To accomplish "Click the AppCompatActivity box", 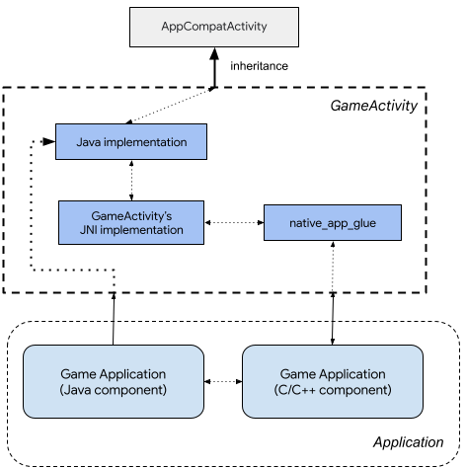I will click(213, 27).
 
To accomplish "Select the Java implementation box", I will click(131, 142).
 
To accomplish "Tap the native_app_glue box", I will click(333, 223).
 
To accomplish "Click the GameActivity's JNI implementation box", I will click(131, 222).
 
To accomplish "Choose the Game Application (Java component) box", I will click(114, 382).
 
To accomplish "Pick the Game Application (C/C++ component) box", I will click(333, 382).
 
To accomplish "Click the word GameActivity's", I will click(131, 215).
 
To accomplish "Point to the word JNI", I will click(89, 230).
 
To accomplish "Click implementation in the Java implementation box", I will click(146, 142).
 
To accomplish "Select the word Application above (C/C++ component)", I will click(349, 374).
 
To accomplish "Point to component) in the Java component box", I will click(131, 390).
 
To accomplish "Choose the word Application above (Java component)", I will click(130, 374).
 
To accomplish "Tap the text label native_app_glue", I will click(333, 223).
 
